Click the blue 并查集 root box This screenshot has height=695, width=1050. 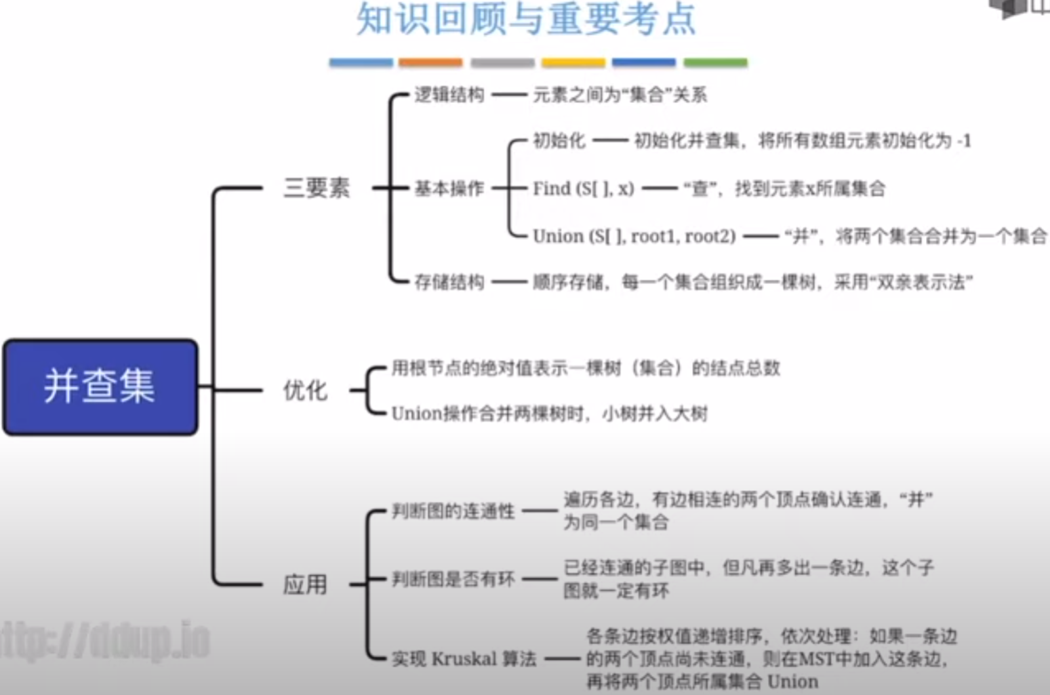[100, 386]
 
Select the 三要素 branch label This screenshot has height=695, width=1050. [317, 188]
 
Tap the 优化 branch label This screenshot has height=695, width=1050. [305, 391]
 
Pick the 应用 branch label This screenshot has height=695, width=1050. [305, 584]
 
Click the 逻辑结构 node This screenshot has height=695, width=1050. [449, 95]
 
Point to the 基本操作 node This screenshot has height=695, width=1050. [449, 188]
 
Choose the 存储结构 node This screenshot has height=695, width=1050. [449, 282]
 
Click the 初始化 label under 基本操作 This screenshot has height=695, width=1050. [559, 141]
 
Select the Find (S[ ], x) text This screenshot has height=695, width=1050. [583, 188]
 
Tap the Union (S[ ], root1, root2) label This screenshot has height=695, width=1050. [634, 236]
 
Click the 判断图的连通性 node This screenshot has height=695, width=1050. [453, 511]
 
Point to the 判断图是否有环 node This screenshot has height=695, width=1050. [453, 579]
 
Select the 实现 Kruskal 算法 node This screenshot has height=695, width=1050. [464, 658]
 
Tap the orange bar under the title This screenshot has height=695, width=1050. [430, 62]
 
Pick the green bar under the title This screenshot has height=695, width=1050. [715, 62]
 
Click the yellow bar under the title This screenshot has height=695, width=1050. [573, 62]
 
